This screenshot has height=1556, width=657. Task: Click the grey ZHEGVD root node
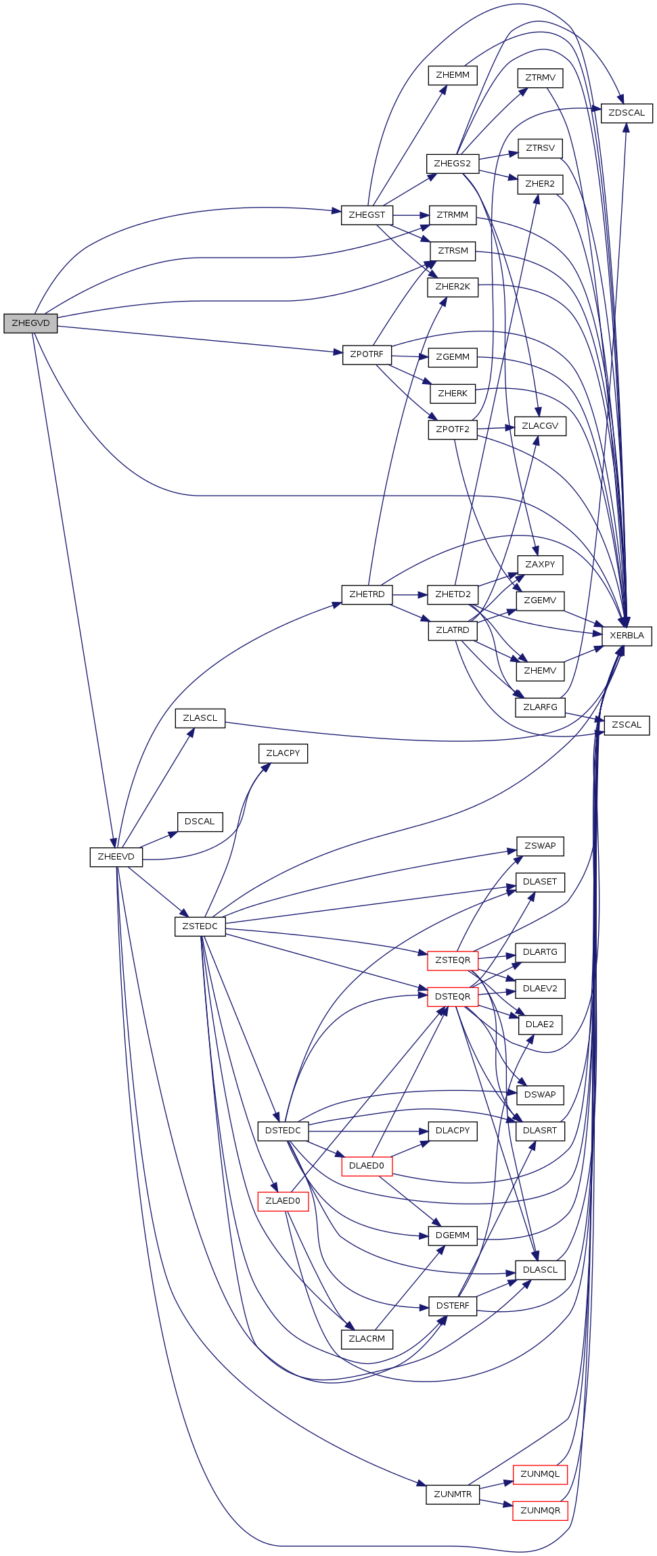(30, 323)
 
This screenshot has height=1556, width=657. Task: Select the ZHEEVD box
(116, 857)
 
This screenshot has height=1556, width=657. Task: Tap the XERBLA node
(627, 636)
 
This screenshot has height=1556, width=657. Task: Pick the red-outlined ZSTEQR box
(453, 960)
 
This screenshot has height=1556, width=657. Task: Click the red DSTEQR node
(453, 997)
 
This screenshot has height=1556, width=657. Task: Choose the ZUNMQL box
(540, 1474)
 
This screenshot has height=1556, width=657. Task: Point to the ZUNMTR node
(453, 1494)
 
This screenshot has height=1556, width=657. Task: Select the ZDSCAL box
(627, 113)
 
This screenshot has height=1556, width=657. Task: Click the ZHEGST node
(367, 215)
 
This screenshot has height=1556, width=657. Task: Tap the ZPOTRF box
(367, 354)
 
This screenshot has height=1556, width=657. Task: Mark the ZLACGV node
(540, 426)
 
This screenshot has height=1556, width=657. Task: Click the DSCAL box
(200, 822)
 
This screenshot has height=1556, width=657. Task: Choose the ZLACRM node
(367, 1339)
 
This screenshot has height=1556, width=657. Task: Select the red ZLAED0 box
(283, 1201)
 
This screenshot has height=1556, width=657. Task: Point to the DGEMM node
(453, 1235)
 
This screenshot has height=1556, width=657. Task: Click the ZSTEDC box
(200, 926)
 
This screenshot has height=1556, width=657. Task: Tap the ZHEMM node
(453, 75)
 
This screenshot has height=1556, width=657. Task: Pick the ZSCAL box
(627, 725)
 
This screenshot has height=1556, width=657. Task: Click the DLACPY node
(453, 1131)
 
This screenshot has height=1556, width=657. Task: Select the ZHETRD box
(367, 594)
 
